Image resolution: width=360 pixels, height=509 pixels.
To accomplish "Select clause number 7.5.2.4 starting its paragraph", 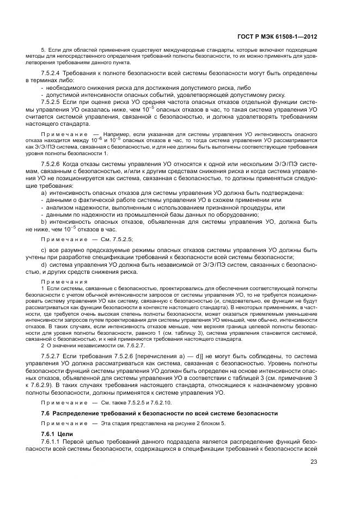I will (x=51, y=72).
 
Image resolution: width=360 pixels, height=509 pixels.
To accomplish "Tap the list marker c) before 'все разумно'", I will (x=44, y=250).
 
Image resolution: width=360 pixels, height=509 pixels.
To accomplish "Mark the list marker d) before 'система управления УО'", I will (x=44, y=265).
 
